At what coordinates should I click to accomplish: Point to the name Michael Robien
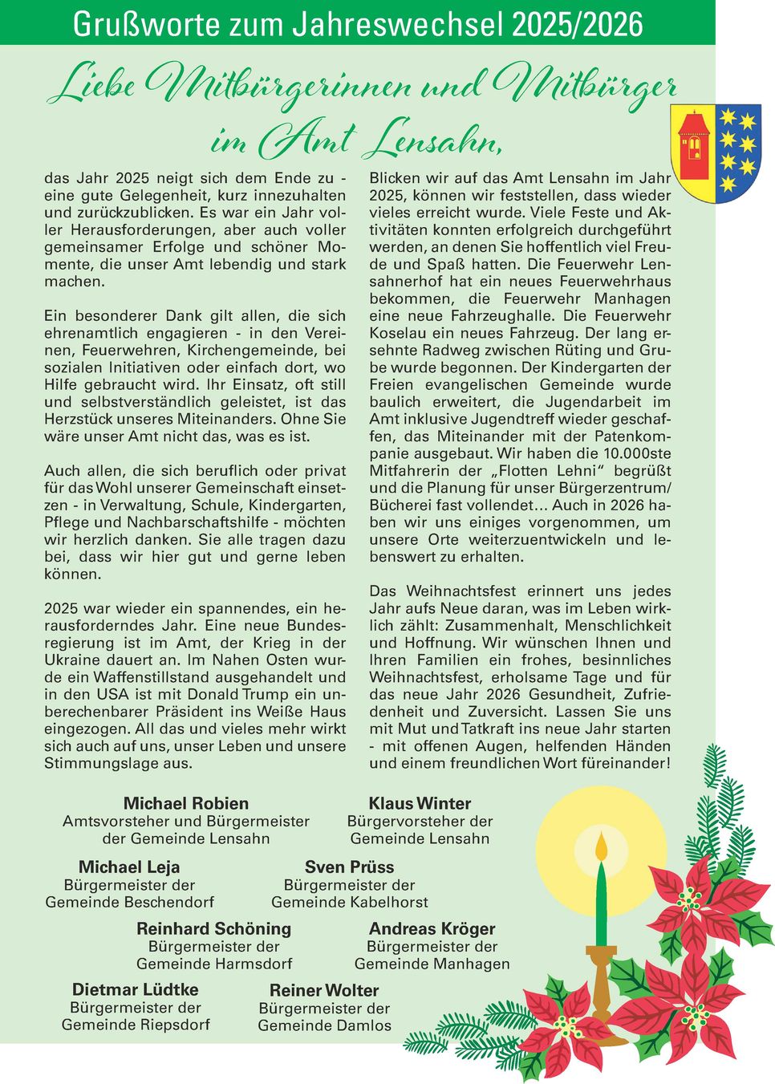pos(186,803)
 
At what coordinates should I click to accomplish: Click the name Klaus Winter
pos(420,803)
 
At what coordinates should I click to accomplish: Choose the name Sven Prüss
pos(349,867)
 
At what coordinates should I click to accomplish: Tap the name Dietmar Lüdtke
pos(136,989)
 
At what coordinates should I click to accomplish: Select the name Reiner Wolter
pos(324,990)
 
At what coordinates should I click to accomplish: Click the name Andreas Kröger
pos(432,928)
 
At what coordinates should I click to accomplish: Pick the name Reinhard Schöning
pos(213,928)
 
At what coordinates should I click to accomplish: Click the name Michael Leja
pos(129,867)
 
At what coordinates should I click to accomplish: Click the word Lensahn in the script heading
pos(433,143)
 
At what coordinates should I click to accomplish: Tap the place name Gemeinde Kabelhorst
pos(349,902)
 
